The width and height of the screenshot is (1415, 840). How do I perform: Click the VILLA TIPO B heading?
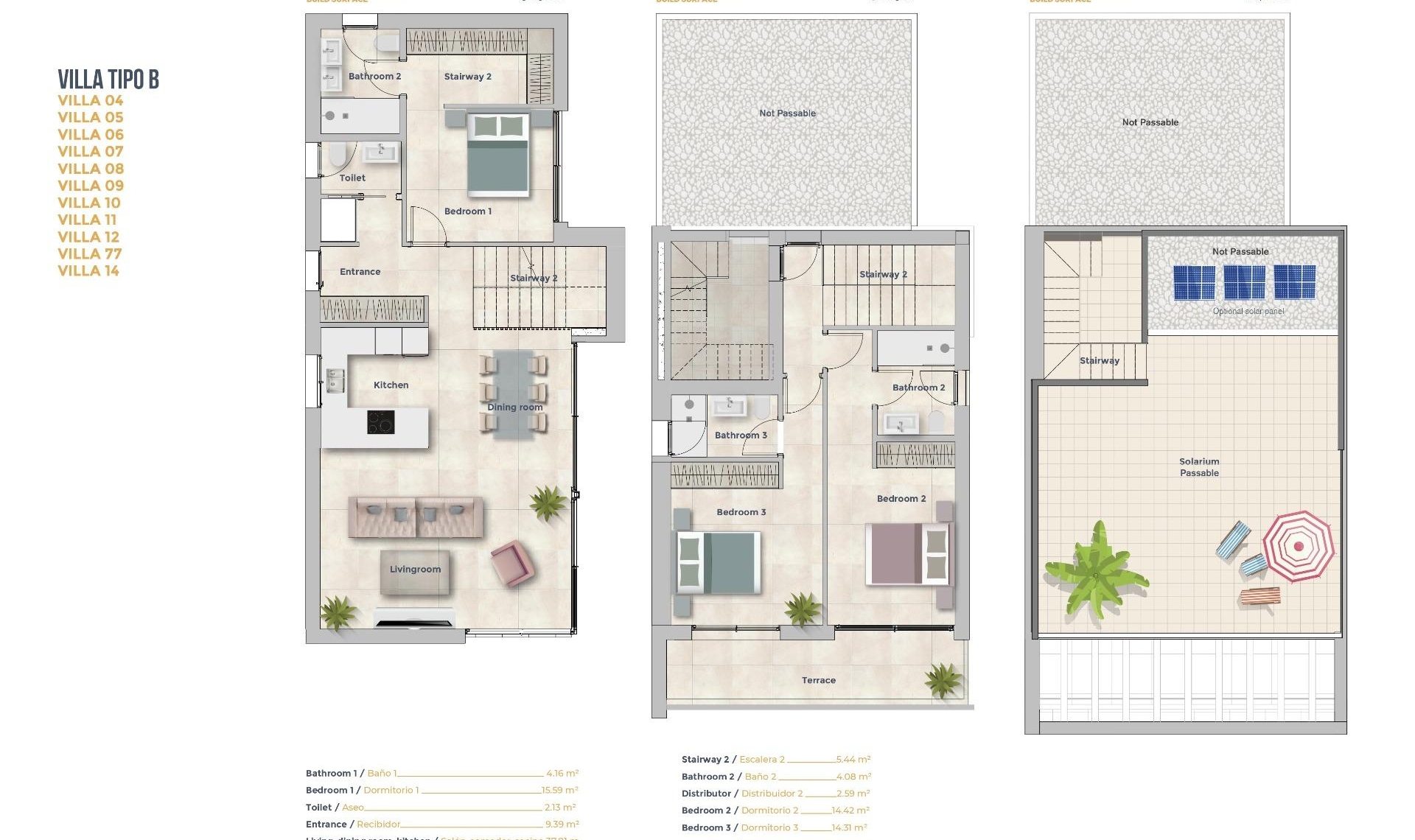(108, 79)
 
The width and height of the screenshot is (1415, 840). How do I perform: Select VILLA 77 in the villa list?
(89, 253)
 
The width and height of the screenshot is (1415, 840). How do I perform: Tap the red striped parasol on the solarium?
(1298, 546)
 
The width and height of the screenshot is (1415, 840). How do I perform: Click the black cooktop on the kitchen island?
(380, 422)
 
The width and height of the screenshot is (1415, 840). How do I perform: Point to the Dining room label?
(514, 407)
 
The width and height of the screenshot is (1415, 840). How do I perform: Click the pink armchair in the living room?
(511, 562)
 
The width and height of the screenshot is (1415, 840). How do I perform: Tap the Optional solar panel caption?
(1248, 311)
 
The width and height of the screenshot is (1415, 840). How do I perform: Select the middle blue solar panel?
(1244, 282)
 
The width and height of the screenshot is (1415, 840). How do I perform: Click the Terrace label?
(818, 680)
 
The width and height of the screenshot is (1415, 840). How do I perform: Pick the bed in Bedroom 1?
(497, 155)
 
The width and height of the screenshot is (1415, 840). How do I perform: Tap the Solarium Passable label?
(1199, 467)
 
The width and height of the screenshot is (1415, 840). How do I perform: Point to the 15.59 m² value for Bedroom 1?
(559, 790)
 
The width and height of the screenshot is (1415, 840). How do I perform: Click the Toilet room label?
(352, 178)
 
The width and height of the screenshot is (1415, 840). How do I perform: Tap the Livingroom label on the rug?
(415, 569)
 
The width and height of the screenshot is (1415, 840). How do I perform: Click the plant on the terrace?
(943, 679)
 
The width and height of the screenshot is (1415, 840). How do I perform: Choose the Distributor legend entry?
(706, 794)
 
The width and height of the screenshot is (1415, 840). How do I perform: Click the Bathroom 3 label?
(741, 435)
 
